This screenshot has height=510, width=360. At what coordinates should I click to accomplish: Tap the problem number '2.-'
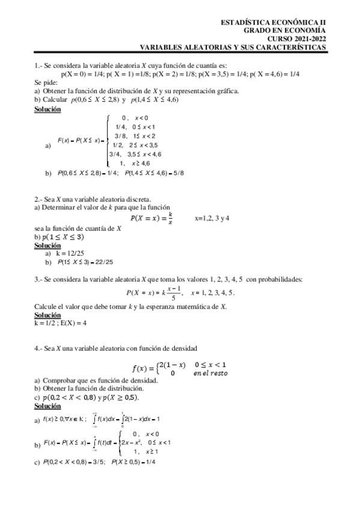pos(38,199)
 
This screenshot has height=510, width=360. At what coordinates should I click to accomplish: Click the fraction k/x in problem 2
pos(171,218)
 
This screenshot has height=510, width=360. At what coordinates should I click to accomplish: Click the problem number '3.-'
pos(38,279)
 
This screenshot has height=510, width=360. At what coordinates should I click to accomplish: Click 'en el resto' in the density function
pos(210,373)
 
